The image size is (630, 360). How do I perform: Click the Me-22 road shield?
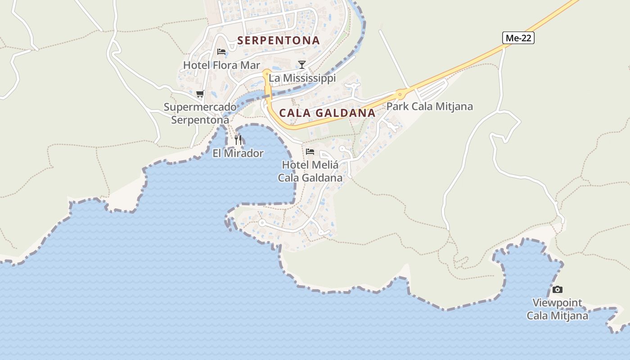(518, 38)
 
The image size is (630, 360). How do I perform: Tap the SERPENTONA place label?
(279, 40)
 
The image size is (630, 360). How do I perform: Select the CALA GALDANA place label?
(327, 113)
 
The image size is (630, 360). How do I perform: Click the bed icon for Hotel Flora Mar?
(221, 51)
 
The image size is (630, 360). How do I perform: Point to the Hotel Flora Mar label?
(221, 65)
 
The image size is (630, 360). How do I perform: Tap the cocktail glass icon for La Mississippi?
(301, 64)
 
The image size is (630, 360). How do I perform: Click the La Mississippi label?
(302, 78)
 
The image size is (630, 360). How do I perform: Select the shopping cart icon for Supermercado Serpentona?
(200, 94)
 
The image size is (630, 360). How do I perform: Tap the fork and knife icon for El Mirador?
(238, 139)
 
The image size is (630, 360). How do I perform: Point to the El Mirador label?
(238, 153)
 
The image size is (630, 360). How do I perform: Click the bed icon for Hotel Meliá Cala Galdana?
(310, 151)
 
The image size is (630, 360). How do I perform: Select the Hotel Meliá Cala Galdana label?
(310, 171)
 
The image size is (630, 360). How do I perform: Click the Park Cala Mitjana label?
(430, 107)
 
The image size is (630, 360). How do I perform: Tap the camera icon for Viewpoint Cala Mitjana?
(557, 289)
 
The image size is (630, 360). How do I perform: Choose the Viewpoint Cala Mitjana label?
(557, 309)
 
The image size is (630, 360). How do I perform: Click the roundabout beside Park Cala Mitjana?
(399, 94)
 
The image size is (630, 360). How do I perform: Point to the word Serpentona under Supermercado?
(200, 120)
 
